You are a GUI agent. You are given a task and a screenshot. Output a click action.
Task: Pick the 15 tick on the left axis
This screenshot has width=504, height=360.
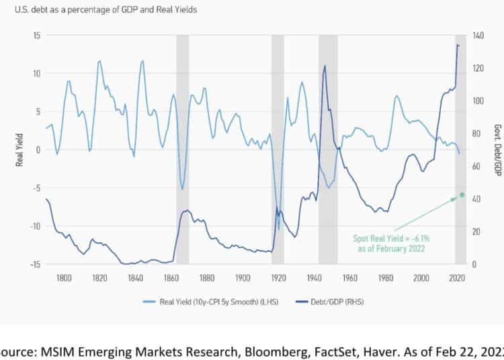[36, 35]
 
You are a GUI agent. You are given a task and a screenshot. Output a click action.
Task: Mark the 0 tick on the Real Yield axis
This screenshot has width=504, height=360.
[38, 149]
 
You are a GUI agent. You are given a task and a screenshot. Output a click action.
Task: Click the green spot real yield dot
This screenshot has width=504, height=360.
[462, 195]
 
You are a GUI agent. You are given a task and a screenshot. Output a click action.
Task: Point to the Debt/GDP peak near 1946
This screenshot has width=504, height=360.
[325, 66]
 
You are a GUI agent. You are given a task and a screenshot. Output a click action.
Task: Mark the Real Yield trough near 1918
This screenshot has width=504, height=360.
[278, 230]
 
